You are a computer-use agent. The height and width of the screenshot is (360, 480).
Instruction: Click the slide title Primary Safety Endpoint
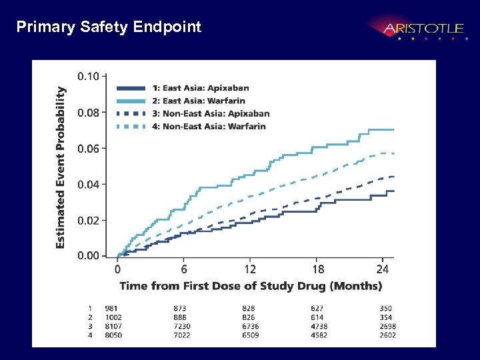[x=109, y=27]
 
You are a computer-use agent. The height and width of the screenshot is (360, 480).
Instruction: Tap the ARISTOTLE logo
[x=423, y=29]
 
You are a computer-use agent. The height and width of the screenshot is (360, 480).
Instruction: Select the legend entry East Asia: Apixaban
[x=201, y=88]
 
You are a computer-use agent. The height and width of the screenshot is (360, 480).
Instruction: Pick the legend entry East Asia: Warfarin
[x=199, y=101]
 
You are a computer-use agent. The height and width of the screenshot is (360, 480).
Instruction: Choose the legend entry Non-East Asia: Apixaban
[x=211, y=113]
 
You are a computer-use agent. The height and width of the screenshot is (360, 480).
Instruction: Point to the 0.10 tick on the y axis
[x=89, y=76]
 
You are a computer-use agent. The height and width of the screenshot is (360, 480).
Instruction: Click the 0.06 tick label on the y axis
[x=89, y=148]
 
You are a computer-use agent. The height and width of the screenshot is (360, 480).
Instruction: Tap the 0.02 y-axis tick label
[x=89, y=220]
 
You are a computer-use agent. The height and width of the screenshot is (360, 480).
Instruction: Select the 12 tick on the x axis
[x=250, y=269]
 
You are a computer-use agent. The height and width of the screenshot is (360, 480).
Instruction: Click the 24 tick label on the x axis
[x=382, y=269]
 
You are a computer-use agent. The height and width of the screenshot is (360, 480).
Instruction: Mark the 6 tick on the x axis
[x=184, y=269]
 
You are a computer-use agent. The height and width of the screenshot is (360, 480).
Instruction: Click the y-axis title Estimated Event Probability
[x=61, y=167]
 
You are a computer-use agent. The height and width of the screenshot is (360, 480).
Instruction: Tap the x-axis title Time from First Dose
[x=251, y=286]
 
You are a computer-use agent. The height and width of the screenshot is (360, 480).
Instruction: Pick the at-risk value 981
[x=111, y=308]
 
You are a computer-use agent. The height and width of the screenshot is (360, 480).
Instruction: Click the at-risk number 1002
[x=113, y=317]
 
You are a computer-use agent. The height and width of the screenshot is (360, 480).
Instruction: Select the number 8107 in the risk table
[x=113, y=326]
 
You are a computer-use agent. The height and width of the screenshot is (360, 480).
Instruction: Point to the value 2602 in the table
[x=387, y=335]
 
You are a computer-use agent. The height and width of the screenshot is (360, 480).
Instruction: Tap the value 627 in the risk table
[x=318, y=308]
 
